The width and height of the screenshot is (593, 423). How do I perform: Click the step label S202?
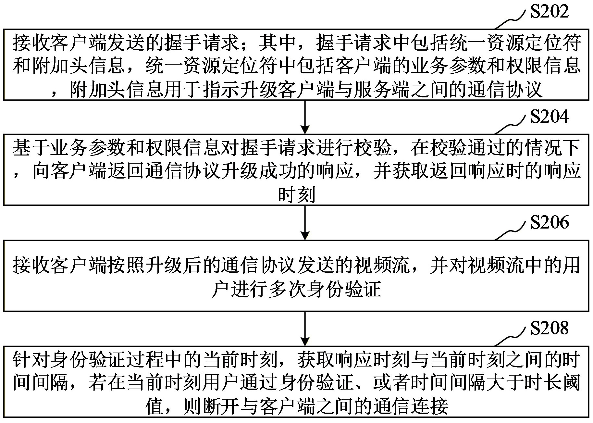tap(549, 12)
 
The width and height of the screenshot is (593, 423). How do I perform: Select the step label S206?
tap(549, 223)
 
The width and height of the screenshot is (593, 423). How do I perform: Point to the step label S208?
tap(549, 328)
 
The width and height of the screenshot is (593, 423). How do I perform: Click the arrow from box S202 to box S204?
tap(305, 117)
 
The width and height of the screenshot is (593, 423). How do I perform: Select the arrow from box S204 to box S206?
tap(305, 223)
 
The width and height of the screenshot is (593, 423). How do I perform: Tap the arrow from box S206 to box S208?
tap(305, 328)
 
